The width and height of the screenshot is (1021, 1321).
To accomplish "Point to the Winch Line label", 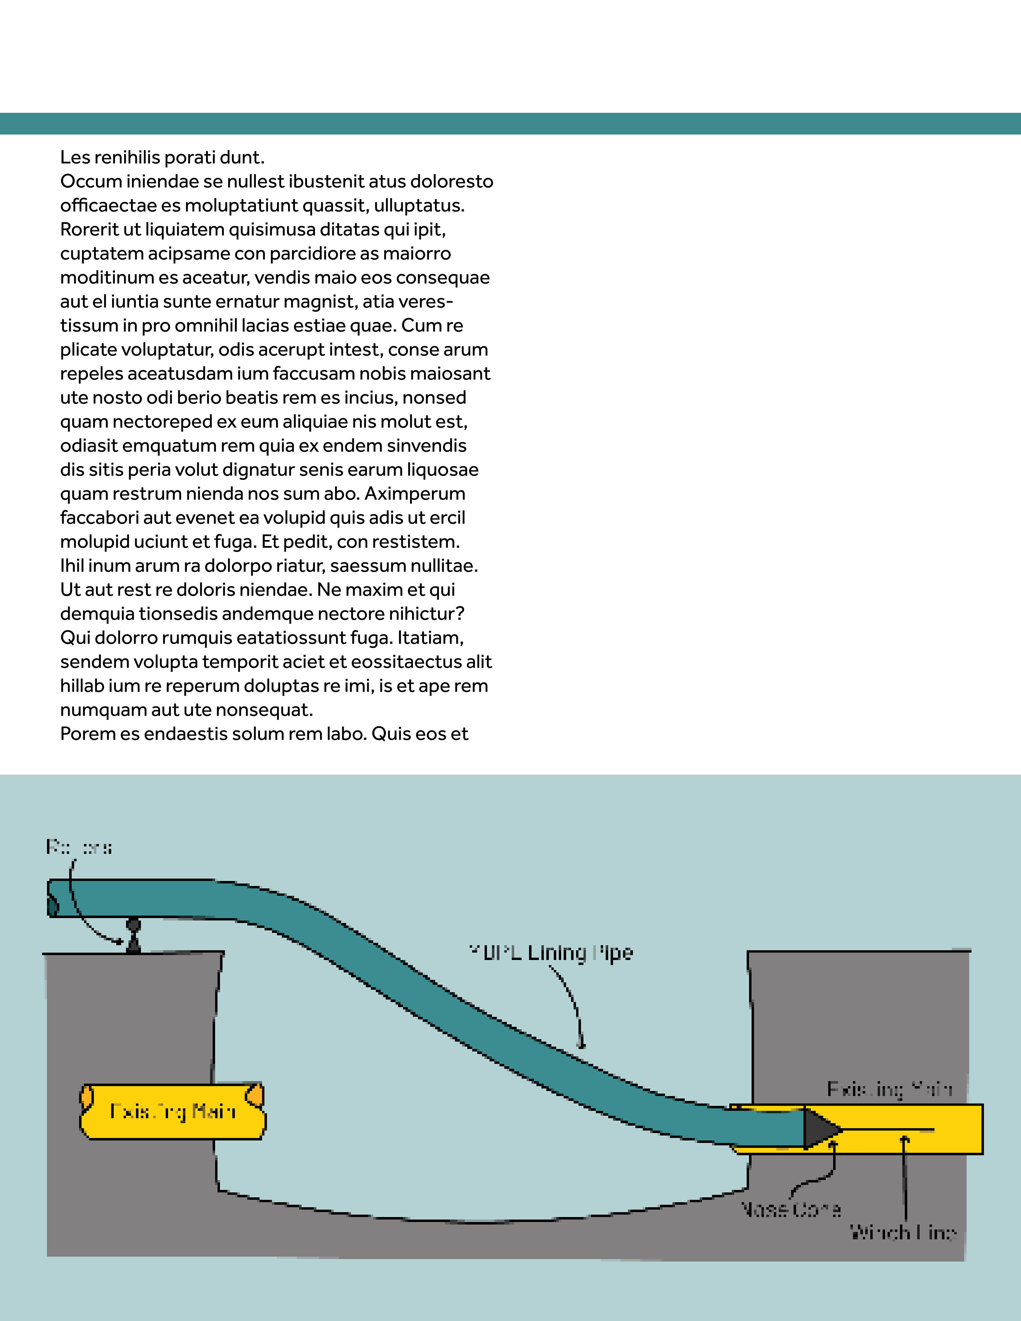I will (x=902, y=1232).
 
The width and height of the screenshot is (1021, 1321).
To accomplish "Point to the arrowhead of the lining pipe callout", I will (x=581, y=1045).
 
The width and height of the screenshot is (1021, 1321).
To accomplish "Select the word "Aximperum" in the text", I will (x=415, y=494).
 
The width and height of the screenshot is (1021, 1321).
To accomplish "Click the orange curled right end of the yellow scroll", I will (x=255, y=1095).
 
